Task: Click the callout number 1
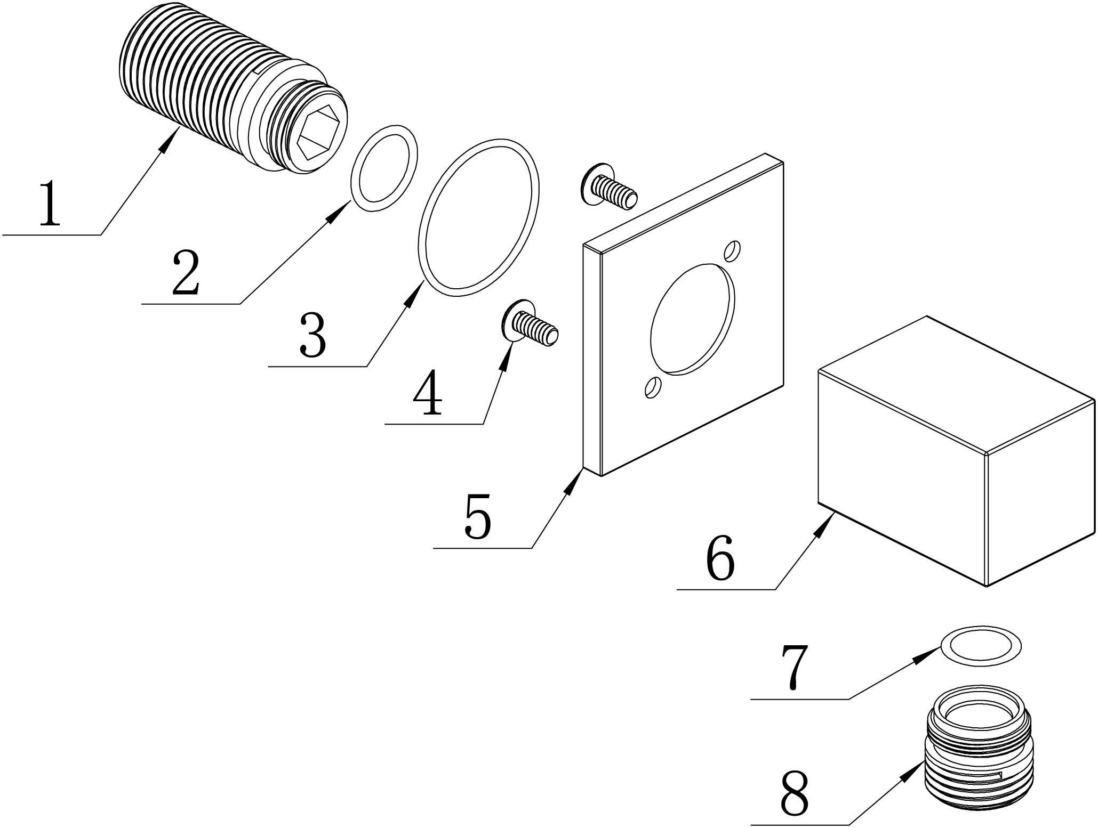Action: (51, 204)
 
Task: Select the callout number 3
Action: (312, 336)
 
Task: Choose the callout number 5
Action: (477, 516)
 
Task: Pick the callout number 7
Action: (795, 667)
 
